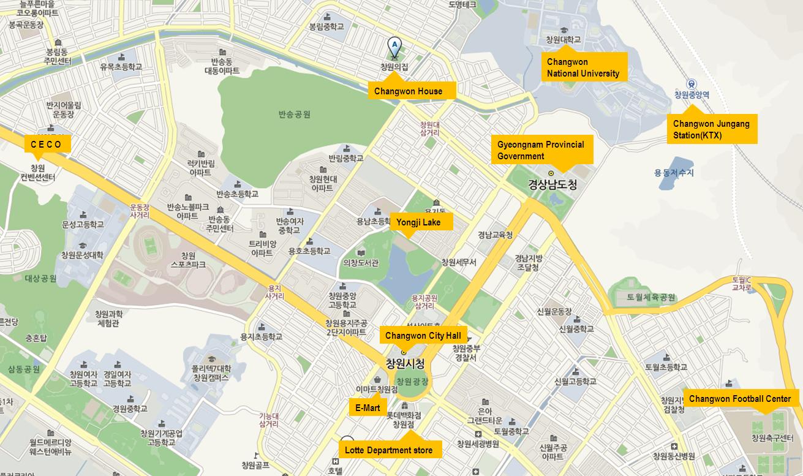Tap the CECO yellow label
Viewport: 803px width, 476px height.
tap(47, 145)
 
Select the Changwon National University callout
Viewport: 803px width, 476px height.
tap(584, 67)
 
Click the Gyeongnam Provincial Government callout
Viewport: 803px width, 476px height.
tap(541, 150)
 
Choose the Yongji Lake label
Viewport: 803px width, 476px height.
tap(421, 222)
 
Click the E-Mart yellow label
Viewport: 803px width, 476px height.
tap(368, 407)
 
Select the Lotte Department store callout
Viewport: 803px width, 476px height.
tap(390, 450)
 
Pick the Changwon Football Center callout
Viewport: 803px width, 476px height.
tap(740, 399)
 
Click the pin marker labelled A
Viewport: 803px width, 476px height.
tap(394, 46)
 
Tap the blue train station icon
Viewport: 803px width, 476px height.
tap(691, 84)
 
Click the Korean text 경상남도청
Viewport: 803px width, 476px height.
tap(552, 184)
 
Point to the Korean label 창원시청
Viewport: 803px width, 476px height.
tap(404, 364)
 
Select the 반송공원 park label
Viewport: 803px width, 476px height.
tap(294, 114)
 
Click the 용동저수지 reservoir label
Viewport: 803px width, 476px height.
tap(674, 173)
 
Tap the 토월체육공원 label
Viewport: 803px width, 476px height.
tap(650, 297)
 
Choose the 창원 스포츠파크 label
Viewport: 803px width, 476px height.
tap(188, 260)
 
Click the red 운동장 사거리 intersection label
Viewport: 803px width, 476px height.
tap(140, 211)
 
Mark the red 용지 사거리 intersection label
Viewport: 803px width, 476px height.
tap(274, 292)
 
